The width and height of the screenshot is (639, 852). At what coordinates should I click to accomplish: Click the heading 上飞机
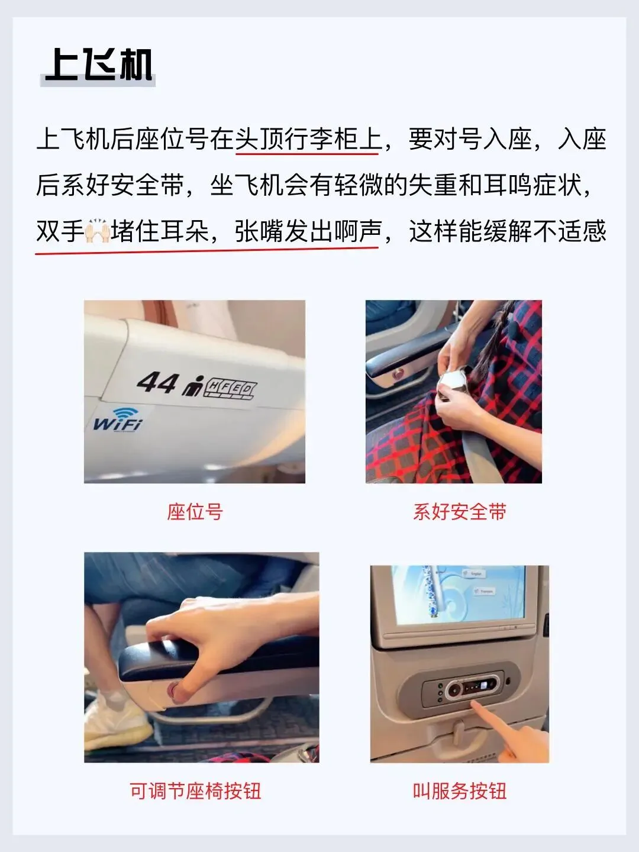[x=99, y=65]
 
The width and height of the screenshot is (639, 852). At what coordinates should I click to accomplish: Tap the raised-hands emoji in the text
[x=98, y=231]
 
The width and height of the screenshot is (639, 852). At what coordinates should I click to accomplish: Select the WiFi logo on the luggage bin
[x=118, y=419]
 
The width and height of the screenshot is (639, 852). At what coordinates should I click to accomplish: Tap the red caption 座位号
[x=195, y=512]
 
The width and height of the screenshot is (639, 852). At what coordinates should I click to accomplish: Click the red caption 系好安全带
[x=460, y=512]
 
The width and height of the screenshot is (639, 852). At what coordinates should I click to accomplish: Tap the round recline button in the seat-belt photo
[x=397, y=374]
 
